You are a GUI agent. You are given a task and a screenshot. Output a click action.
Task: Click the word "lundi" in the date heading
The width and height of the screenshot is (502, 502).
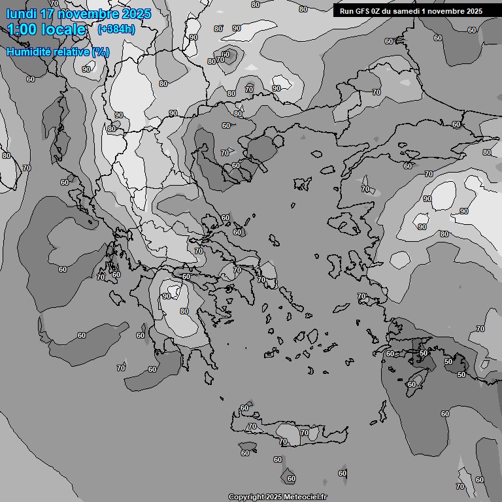21,14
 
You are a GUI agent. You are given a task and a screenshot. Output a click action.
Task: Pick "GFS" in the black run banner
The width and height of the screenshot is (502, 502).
361,11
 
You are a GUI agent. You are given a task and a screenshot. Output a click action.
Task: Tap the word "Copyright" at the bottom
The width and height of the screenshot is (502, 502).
246,497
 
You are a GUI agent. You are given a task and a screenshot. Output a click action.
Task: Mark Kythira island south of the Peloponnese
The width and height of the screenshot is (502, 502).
209,378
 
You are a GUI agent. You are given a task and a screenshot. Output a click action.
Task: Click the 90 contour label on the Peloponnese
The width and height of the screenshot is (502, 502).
166,296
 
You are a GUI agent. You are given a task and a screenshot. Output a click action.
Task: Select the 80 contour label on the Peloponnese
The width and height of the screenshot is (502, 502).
184,311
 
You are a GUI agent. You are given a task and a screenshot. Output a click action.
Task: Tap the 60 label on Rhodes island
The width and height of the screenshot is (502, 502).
411,384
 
